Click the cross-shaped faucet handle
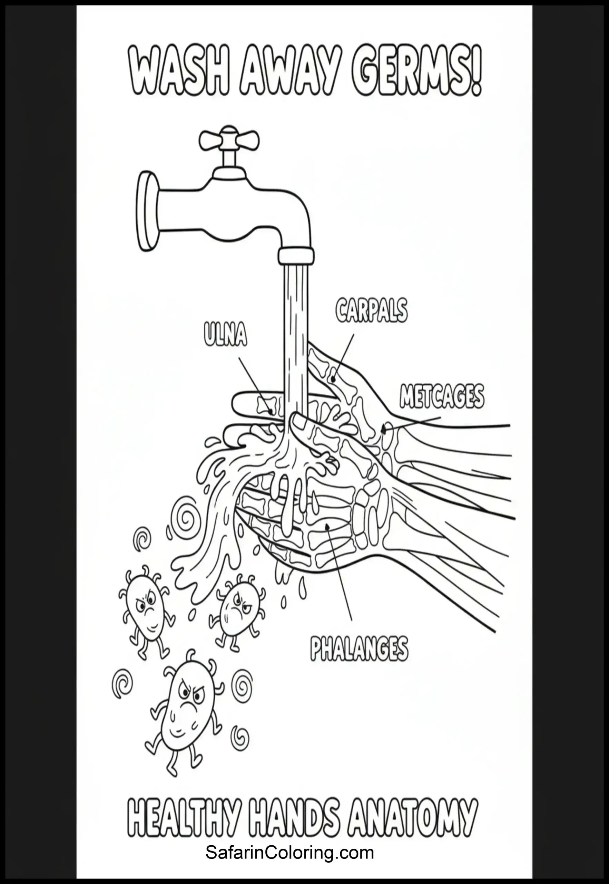(x=229, y=140)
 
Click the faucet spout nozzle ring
(x=296, y=255)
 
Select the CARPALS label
(x=371, y=310)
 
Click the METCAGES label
(x=442, y=396)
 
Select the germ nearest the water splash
(x=235, y=609)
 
